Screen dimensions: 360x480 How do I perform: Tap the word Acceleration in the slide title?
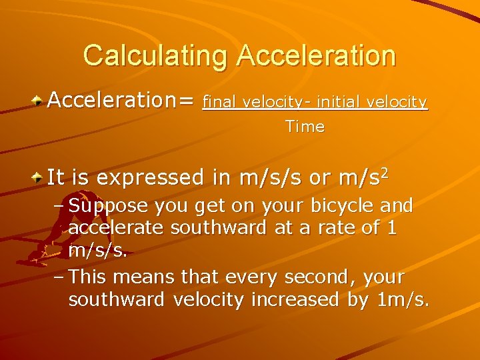tap(316, 55)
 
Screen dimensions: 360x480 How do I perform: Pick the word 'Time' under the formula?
tap(305, 127)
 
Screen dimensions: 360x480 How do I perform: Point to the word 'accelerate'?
tap(117, 228)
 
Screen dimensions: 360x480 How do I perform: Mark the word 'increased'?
tap(295, 299)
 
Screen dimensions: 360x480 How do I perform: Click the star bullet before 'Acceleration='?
tap(39, 101)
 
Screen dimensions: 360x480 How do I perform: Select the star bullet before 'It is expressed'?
tap(39, 178)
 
